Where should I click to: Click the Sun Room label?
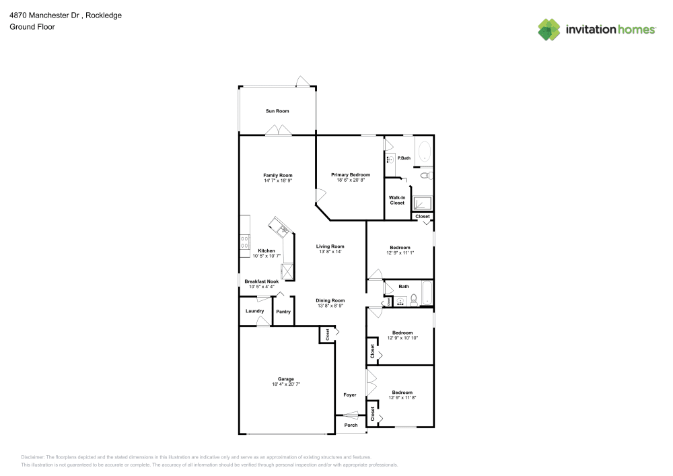pyautogui.click(x=277, y=110)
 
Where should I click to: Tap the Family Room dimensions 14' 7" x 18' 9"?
pyautogui.click(x=277, y=180)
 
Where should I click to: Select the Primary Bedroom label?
pyautogui.click(x=351, y=174)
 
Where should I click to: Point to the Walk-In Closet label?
pyautogui.click(x=396, y=200)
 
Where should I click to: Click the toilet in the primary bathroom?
pyautogui.click(x=425, y=175)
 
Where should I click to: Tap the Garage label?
pyautogui.click(x=286, y=379)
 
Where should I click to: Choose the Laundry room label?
pyautogui.click(x=254, y=311)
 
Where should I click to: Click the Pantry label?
pyautogui.click(x=283, y=312)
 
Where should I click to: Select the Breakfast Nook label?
pyautogui.click(x=261, y=281)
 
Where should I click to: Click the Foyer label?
pyautogui.click(x=350, y=395)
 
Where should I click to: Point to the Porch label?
pyautogui.click(x=351, y=425)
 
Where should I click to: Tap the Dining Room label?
pyautogui.click(x=331, y=300)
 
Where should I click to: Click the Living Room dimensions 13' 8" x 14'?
pyautogui.click(x=330, y=251)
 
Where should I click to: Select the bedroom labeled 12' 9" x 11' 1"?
pyautogui.click(x=399, y=247)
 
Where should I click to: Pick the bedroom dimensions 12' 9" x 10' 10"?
pyautogui.click(x=402, y=337)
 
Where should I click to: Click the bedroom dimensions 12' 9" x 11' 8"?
pyautogui.click(x=402, y=397)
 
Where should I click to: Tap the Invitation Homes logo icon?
pyautogui.click(x=549, y=29)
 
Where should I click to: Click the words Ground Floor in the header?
pyautogui.click(x=32, y=27)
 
